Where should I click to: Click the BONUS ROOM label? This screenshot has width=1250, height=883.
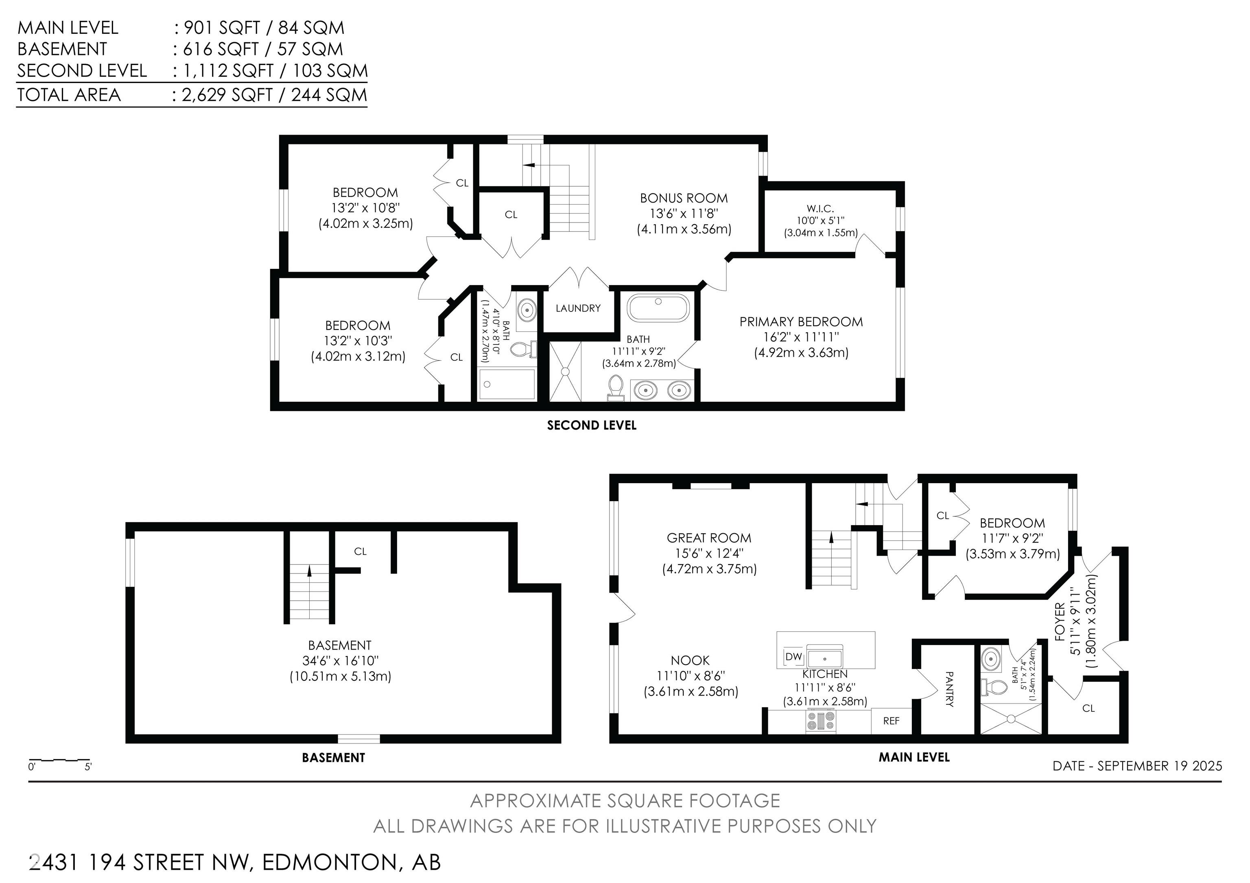[x=684, y=198]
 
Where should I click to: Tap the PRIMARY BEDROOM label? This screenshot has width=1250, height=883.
[x=801, y=322]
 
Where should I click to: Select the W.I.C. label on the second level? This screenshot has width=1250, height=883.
[x=820, y=208]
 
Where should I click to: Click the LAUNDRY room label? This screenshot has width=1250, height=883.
[x=578, y=308]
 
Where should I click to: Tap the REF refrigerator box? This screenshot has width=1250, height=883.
[x=891, y=721]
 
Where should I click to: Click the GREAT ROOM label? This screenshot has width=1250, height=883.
[x=709, y=538]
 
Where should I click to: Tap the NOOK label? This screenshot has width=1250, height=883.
[x=691, y=661]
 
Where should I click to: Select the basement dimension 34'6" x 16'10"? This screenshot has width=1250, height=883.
[x=340, y=661]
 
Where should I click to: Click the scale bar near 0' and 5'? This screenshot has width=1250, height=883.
[x=59, y=759]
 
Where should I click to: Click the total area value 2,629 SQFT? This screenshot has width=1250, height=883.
[x=227, y=95]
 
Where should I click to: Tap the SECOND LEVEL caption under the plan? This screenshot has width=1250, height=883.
[x=592, y=425]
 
